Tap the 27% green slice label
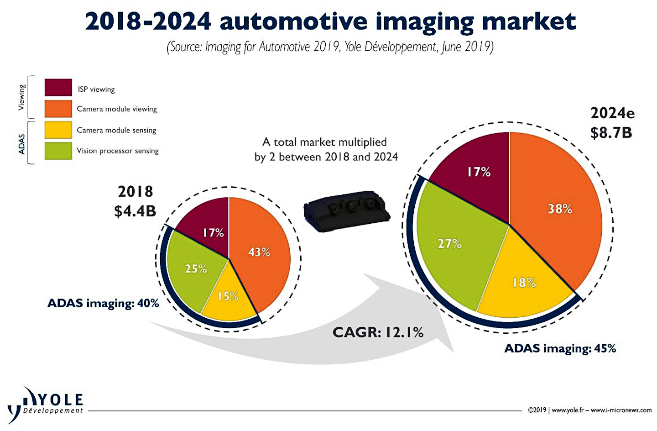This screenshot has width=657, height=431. coord(449,244)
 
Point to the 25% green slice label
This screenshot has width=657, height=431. coord(196,269)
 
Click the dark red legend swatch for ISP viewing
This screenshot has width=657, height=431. coord(58,88)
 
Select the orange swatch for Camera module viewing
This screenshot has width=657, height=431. coord(58,109)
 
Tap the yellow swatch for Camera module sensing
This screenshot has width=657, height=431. coord(58,130)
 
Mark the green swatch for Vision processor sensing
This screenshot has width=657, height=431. coord(58,151)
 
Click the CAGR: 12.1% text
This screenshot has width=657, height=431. coord(378,332)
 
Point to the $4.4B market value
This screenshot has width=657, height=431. coord(135,211)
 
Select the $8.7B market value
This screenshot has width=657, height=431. coord(611,133)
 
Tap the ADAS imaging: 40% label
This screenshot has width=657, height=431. coord(103,303)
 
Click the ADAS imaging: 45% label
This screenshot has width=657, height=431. coord(560,349)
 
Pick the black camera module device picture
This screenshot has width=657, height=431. coord(347,211)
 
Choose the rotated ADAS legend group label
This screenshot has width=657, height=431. coord(22,143)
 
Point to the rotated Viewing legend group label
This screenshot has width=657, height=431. coord(22,97)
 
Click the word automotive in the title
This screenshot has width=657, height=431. coord(293,21)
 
